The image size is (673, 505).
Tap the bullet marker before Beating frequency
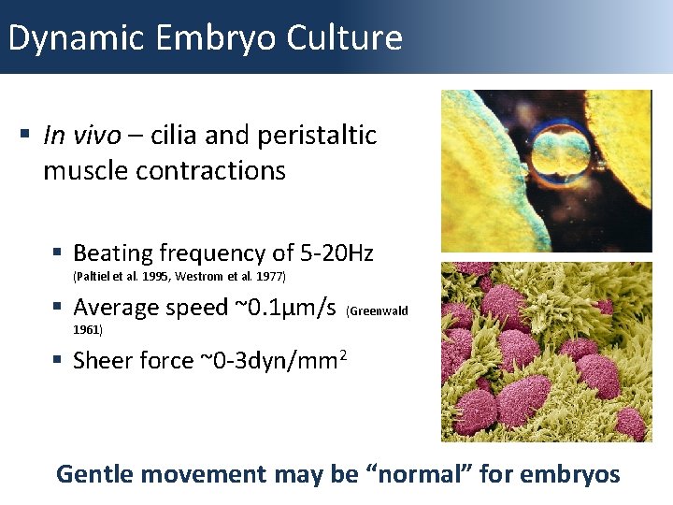[x=59, y=253]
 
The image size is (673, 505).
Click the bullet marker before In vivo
[x=25, y=137]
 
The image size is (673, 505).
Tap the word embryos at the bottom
[x=569, y=474]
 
